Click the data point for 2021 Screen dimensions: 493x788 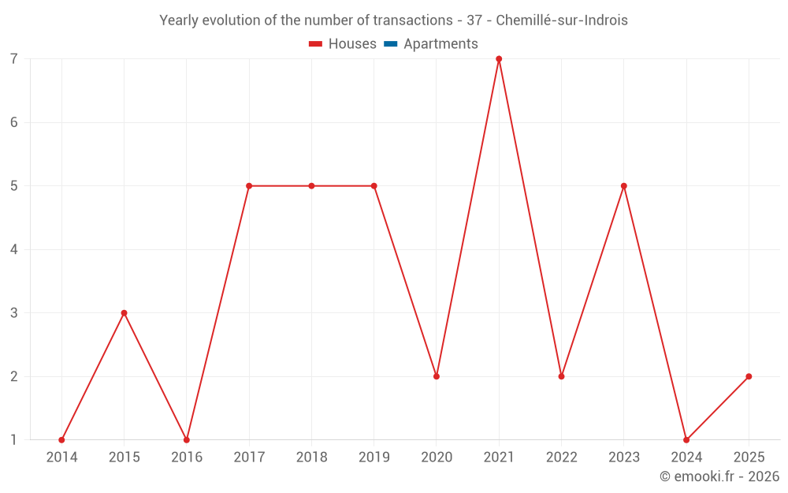click(499, 59)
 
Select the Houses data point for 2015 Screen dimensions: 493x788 click(124, 313)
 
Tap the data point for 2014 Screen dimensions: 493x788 click(61, 439)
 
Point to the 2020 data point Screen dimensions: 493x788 click(436, 376)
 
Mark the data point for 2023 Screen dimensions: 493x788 click(623, 186)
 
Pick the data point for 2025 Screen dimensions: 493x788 click(749, 376)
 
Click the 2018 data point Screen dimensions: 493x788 click(311, 186)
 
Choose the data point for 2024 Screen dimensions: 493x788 click(686, 439)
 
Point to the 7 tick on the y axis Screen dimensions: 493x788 click(14, 59)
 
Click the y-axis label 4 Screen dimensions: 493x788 click(14, 249)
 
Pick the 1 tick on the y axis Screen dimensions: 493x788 click(14, 439)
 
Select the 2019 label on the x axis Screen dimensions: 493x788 click(374, 458)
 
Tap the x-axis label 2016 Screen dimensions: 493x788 click(187, 458)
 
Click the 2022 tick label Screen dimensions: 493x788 click(561, 458)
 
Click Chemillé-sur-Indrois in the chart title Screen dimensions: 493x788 click(562, 21)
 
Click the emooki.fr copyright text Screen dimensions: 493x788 click(719, 476)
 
